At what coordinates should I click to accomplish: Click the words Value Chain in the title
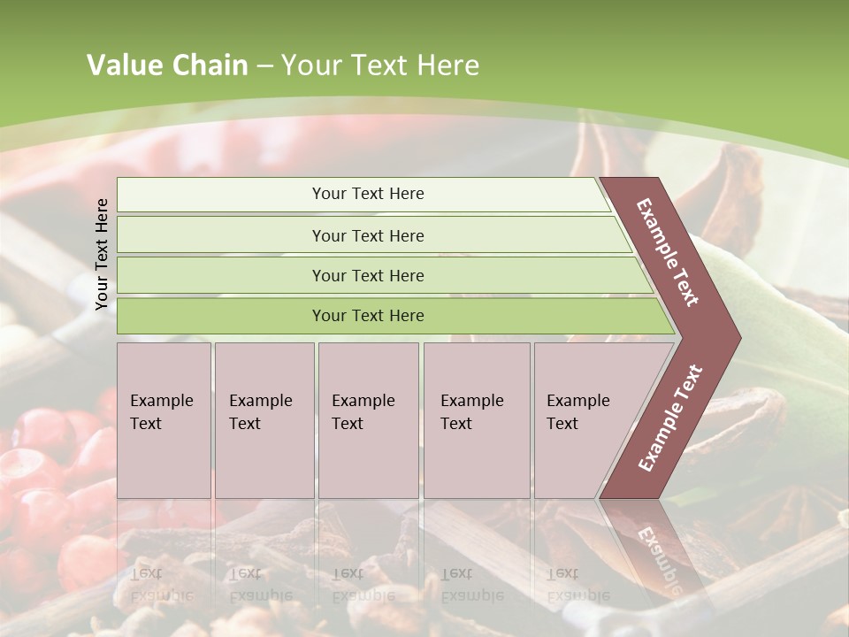(167, 65)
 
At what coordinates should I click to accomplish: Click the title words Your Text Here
(380, 65)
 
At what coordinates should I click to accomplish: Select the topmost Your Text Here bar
(368, 194)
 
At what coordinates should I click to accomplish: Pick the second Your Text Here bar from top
(368, 235)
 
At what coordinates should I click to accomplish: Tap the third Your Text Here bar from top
(368, 275)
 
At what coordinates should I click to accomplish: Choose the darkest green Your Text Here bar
(368, 316)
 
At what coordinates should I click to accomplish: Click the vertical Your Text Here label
(102, 254)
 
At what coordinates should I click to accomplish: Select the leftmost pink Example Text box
(164, 419)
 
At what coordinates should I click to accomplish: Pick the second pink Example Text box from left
(264, 419)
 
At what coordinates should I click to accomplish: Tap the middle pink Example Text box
(368, 419)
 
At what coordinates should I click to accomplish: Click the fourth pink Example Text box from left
(476, 419)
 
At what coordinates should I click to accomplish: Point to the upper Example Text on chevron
(668, 252)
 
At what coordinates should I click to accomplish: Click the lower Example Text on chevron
(669, 418)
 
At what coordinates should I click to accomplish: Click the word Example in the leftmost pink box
(161, 401)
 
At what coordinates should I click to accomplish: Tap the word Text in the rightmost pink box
(562, 424)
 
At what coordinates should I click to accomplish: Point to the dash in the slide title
(264, 66)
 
